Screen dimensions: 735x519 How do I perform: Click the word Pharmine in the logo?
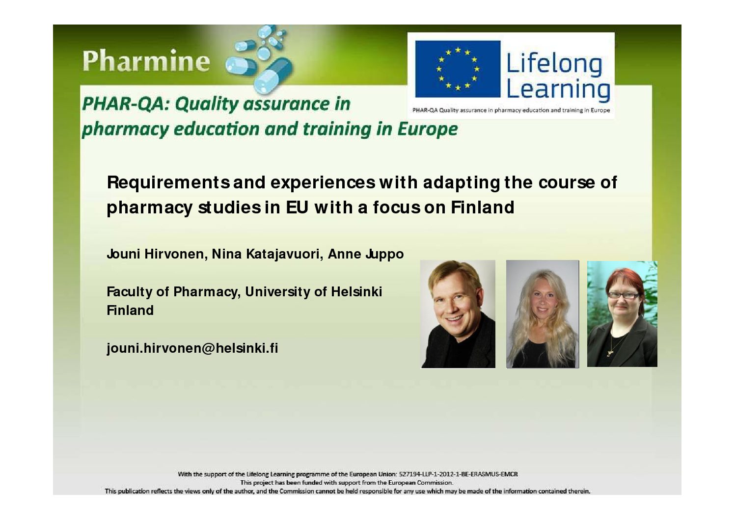click(146, 60)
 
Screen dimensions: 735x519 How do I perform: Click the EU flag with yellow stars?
click(458, 69)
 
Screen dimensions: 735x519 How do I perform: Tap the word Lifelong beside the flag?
click(554, 64)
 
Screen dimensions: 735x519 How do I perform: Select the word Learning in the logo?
click(558, 89)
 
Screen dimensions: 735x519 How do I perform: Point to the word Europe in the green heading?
click(427, 129)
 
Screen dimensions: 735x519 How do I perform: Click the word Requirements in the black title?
click(168, 182)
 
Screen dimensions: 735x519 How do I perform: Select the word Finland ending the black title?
click(482, 207)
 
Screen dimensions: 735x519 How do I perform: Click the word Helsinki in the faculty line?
click(356, 291)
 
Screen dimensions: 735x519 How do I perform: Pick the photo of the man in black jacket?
click(458, 314)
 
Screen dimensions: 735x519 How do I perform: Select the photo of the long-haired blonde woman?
click(543, 314)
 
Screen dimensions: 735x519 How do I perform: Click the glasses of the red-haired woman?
click(623, 295)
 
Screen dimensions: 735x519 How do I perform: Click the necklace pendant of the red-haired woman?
click(610, 353)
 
